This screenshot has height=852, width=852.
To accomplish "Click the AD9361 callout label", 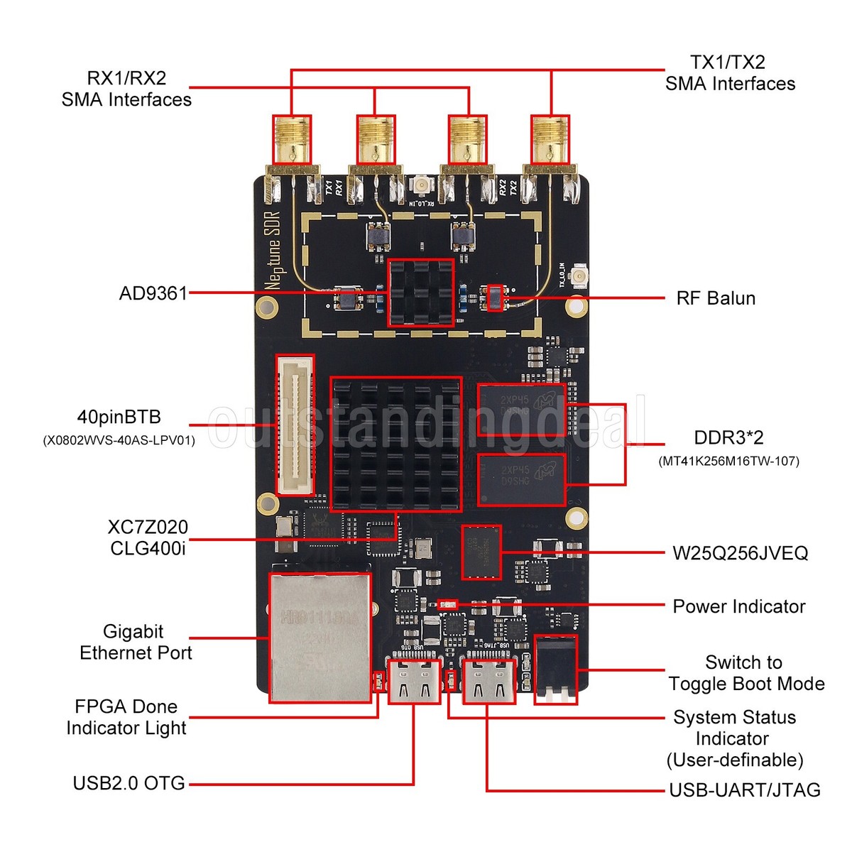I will pos(153,293).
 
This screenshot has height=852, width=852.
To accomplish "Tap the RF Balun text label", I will pos(715,298).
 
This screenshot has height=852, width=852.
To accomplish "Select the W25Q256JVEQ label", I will pos(740,553).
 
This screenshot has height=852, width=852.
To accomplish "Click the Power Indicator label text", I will pos(738,606).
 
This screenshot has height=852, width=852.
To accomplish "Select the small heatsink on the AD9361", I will pos(420,293).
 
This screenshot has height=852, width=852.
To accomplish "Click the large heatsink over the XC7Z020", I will pos(396,444).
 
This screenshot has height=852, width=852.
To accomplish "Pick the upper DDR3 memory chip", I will pos(521,410).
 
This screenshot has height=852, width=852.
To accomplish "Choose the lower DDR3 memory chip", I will pos(521,480).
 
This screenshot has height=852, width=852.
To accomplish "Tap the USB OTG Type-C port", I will pos(414,680).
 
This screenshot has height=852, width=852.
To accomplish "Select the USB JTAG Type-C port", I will pos(488,680).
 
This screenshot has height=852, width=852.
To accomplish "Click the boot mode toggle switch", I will pos(555,669).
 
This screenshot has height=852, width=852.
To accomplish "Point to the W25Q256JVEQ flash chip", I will pos(481,552).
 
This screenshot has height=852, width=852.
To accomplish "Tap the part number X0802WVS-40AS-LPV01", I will pos(119,441).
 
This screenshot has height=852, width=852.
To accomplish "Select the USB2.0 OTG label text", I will pos(129,783).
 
